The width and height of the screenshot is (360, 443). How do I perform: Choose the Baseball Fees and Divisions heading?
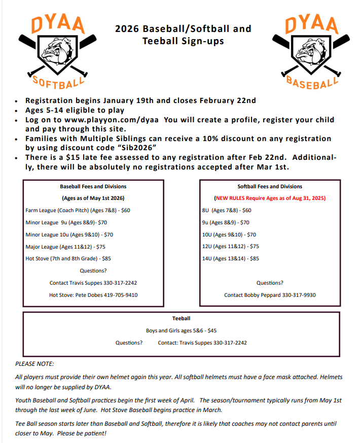[x=93, y=187]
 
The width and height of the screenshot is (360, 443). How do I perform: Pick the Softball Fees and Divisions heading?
[x=270, y=187]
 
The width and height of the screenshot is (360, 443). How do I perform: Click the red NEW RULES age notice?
[x=270, y=198]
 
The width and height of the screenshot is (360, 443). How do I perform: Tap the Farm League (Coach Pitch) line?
[x=78, y=210]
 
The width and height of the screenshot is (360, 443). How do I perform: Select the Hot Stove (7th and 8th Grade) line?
[x=68, y=258]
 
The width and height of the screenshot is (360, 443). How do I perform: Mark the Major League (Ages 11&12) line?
[x=65, y=247]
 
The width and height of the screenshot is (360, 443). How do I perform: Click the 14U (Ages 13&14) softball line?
[x=230, y=258]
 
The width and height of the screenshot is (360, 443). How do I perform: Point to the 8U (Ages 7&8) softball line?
[x=227, y=210]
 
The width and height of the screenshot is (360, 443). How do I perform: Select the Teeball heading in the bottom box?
[x=181, y=319]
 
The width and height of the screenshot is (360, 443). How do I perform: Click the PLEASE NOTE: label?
[x=34, y=364]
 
